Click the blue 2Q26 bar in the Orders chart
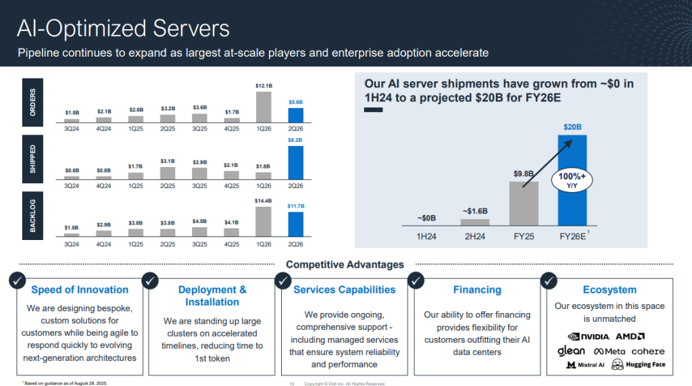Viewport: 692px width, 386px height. (295, 116)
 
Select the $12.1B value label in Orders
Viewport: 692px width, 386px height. (264, 86)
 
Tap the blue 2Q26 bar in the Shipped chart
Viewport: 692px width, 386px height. (295, 163)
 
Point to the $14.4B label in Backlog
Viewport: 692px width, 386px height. (264, 201)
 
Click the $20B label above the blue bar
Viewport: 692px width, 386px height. (572, 126)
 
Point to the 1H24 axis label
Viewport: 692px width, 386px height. (426, 237)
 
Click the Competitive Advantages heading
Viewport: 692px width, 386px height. (345, 264)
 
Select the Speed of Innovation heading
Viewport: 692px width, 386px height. (80, 290)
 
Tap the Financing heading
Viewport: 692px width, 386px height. (477, 290)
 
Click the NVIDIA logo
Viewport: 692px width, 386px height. (589, 336)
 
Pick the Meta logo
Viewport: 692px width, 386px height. (609, 352)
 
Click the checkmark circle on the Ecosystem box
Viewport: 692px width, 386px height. (550, 279)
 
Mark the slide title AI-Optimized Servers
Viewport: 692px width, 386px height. (123, 28)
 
